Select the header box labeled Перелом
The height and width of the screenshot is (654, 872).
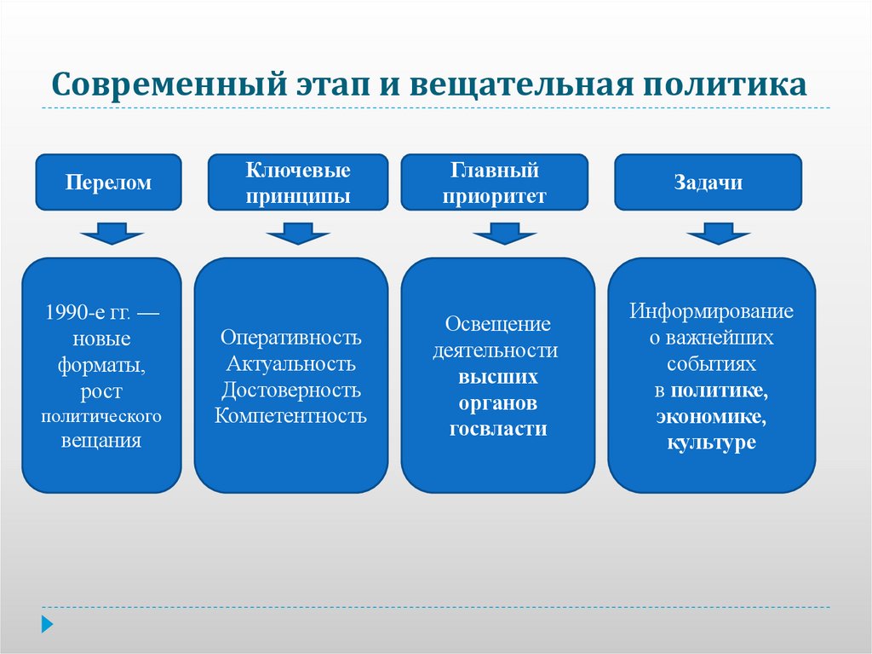click(x=108, y=182)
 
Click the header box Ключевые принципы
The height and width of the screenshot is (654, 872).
click(x=298, y=182)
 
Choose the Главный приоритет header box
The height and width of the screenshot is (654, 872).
click(x=494, y=182)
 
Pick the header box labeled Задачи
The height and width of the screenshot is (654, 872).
click(x=708, y=182)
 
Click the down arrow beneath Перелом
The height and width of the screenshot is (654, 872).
click(x=112, y=233)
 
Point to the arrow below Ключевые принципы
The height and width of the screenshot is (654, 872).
click(x=297, y=233)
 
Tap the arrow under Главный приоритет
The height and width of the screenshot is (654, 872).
click(x=505, y=233)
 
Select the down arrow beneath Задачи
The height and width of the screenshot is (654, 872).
click(x=718, y=233)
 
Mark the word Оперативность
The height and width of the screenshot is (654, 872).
click(x=291, y=338)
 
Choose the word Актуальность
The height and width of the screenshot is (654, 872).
click(x=291, y=364)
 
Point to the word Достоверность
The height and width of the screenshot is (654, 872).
click(x=291, y=391)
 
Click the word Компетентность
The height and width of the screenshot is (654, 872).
click(x=291, y=416)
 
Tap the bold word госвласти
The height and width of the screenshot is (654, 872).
click(x=498, y=429)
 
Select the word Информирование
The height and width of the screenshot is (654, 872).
click(x=712, y=311)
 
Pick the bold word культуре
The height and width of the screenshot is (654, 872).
click(x=712, y=443)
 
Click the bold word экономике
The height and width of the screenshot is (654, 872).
click(x=712, y=417)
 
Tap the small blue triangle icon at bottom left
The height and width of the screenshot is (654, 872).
click(x=48, y=624)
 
